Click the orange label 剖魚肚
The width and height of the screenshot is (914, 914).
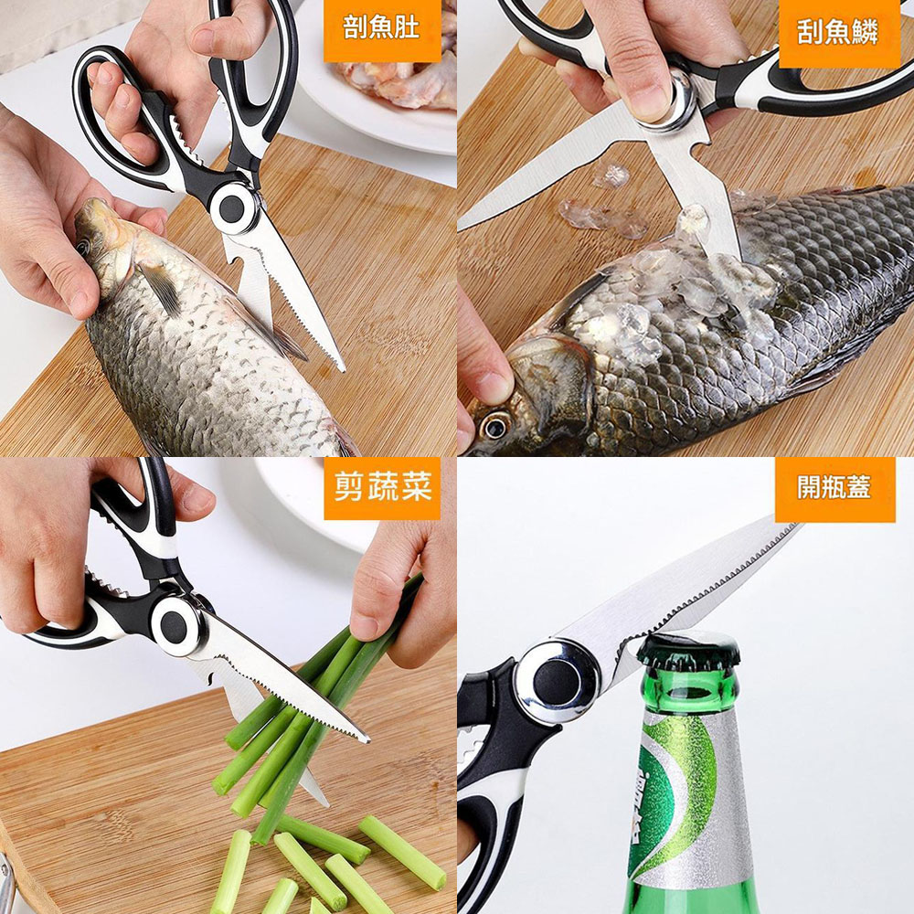point(382,29)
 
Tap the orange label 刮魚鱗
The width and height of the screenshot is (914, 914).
point(839,33)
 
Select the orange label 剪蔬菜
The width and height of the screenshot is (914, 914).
point(382,488)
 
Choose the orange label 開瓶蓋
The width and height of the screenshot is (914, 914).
point(834,488)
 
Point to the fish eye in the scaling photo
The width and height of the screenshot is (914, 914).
point(494,427)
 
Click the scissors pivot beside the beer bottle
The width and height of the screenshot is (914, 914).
point(557,682)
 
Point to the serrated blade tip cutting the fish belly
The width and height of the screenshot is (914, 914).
point(340,366)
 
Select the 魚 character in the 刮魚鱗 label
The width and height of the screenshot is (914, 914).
point(838,33)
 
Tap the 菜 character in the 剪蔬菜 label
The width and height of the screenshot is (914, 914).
point(415,487)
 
